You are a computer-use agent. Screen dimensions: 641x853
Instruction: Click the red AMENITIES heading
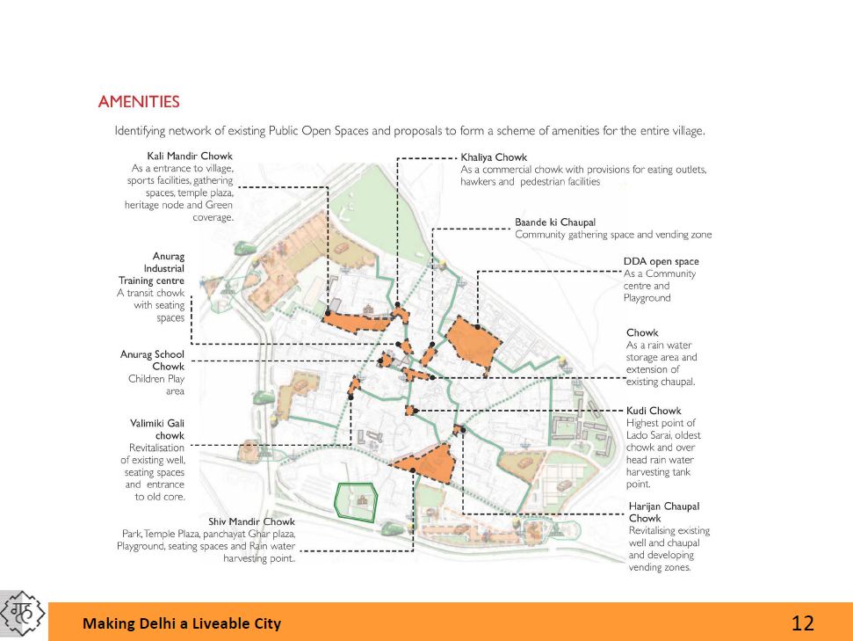coord(139,102)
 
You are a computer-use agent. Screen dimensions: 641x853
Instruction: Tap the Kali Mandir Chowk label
coord(189,156)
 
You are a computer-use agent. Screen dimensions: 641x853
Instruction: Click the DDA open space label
coord(661,261)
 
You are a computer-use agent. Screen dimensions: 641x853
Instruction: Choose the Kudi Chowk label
coord(654,411)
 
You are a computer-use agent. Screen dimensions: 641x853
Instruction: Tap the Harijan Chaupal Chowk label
coord(664,512)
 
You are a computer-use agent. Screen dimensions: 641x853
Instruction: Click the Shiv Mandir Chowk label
coord(252,521)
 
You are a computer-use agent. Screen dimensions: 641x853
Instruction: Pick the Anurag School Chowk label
coord(153,361)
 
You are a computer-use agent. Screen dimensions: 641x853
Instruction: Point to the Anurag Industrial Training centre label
coord(152,268)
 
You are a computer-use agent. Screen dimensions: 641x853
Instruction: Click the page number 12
coord(802,623)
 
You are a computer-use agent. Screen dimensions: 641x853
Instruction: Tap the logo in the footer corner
coord(24,614)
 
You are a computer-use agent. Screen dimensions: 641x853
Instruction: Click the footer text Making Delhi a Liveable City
coord(182,623)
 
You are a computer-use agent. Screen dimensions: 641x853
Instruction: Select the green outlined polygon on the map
coord(356,501)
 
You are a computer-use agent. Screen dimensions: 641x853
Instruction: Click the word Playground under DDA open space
coord(647,298)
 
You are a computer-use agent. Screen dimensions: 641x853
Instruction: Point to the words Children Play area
coord(156,385)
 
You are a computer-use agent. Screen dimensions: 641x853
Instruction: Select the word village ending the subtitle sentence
coord(685,131)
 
